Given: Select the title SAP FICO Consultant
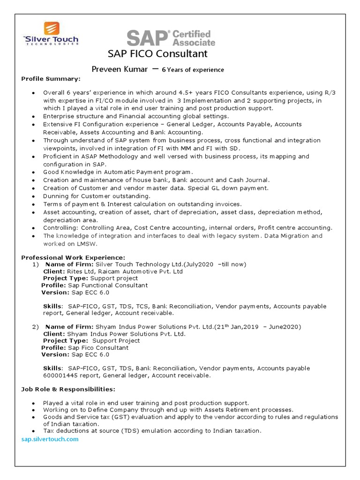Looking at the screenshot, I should click(x=157, y=54).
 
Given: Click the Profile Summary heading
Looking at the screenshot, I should click(x=51, y=78).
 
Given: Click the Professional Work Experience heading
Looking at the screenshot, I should click(x=73, y=257).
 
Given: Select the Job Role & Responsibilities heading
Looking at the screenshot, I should click(x=68, y=389).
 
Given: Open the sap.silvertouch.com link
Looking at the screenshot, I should click(x=50, y=439).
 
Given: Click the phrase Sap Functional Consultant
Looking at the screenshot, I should click(x=108, y=285).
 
